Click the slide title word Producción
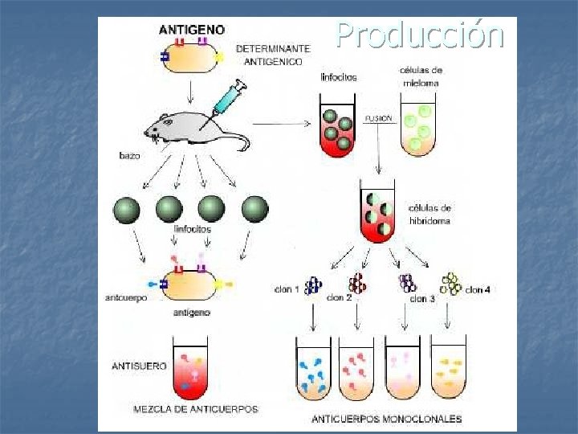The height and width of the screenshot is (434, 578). pos(420,35)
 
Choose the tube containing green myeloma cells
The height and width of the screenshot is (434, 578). pos(417,127)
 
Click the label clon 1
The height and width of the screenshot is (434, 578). pos(286,289)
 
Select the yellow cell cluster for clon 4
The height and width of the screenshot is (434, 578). pos(451,284)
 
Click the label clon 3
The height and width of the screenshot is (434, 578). pos(422,299)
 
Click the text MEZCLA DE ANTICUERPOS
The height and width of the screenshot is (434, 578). pos(196,409)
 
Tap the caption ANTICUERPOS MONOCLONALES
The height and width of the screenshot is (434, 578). pos(387,418)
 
